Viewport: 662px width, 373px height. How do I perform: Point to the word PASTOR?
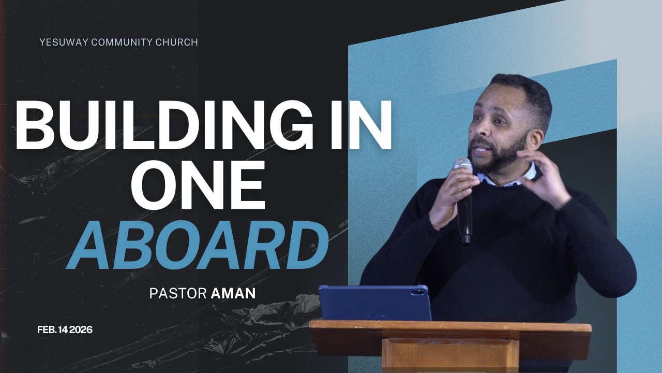click(x=178, y=293)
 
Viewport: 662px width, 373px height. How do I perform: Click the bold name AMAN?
click(x=233, y=293)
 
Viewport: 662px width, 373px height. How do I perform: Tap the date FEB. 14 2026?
click(x=65, y=329)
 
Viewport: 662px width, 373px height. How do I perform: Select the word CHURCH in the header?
click(x=177, y=42)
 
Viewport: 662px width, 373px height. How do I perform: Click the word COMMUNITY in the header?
click(x=122, y=42)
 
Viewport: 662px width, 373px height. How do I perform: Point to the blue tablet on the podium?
click(x=374, y=303)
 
